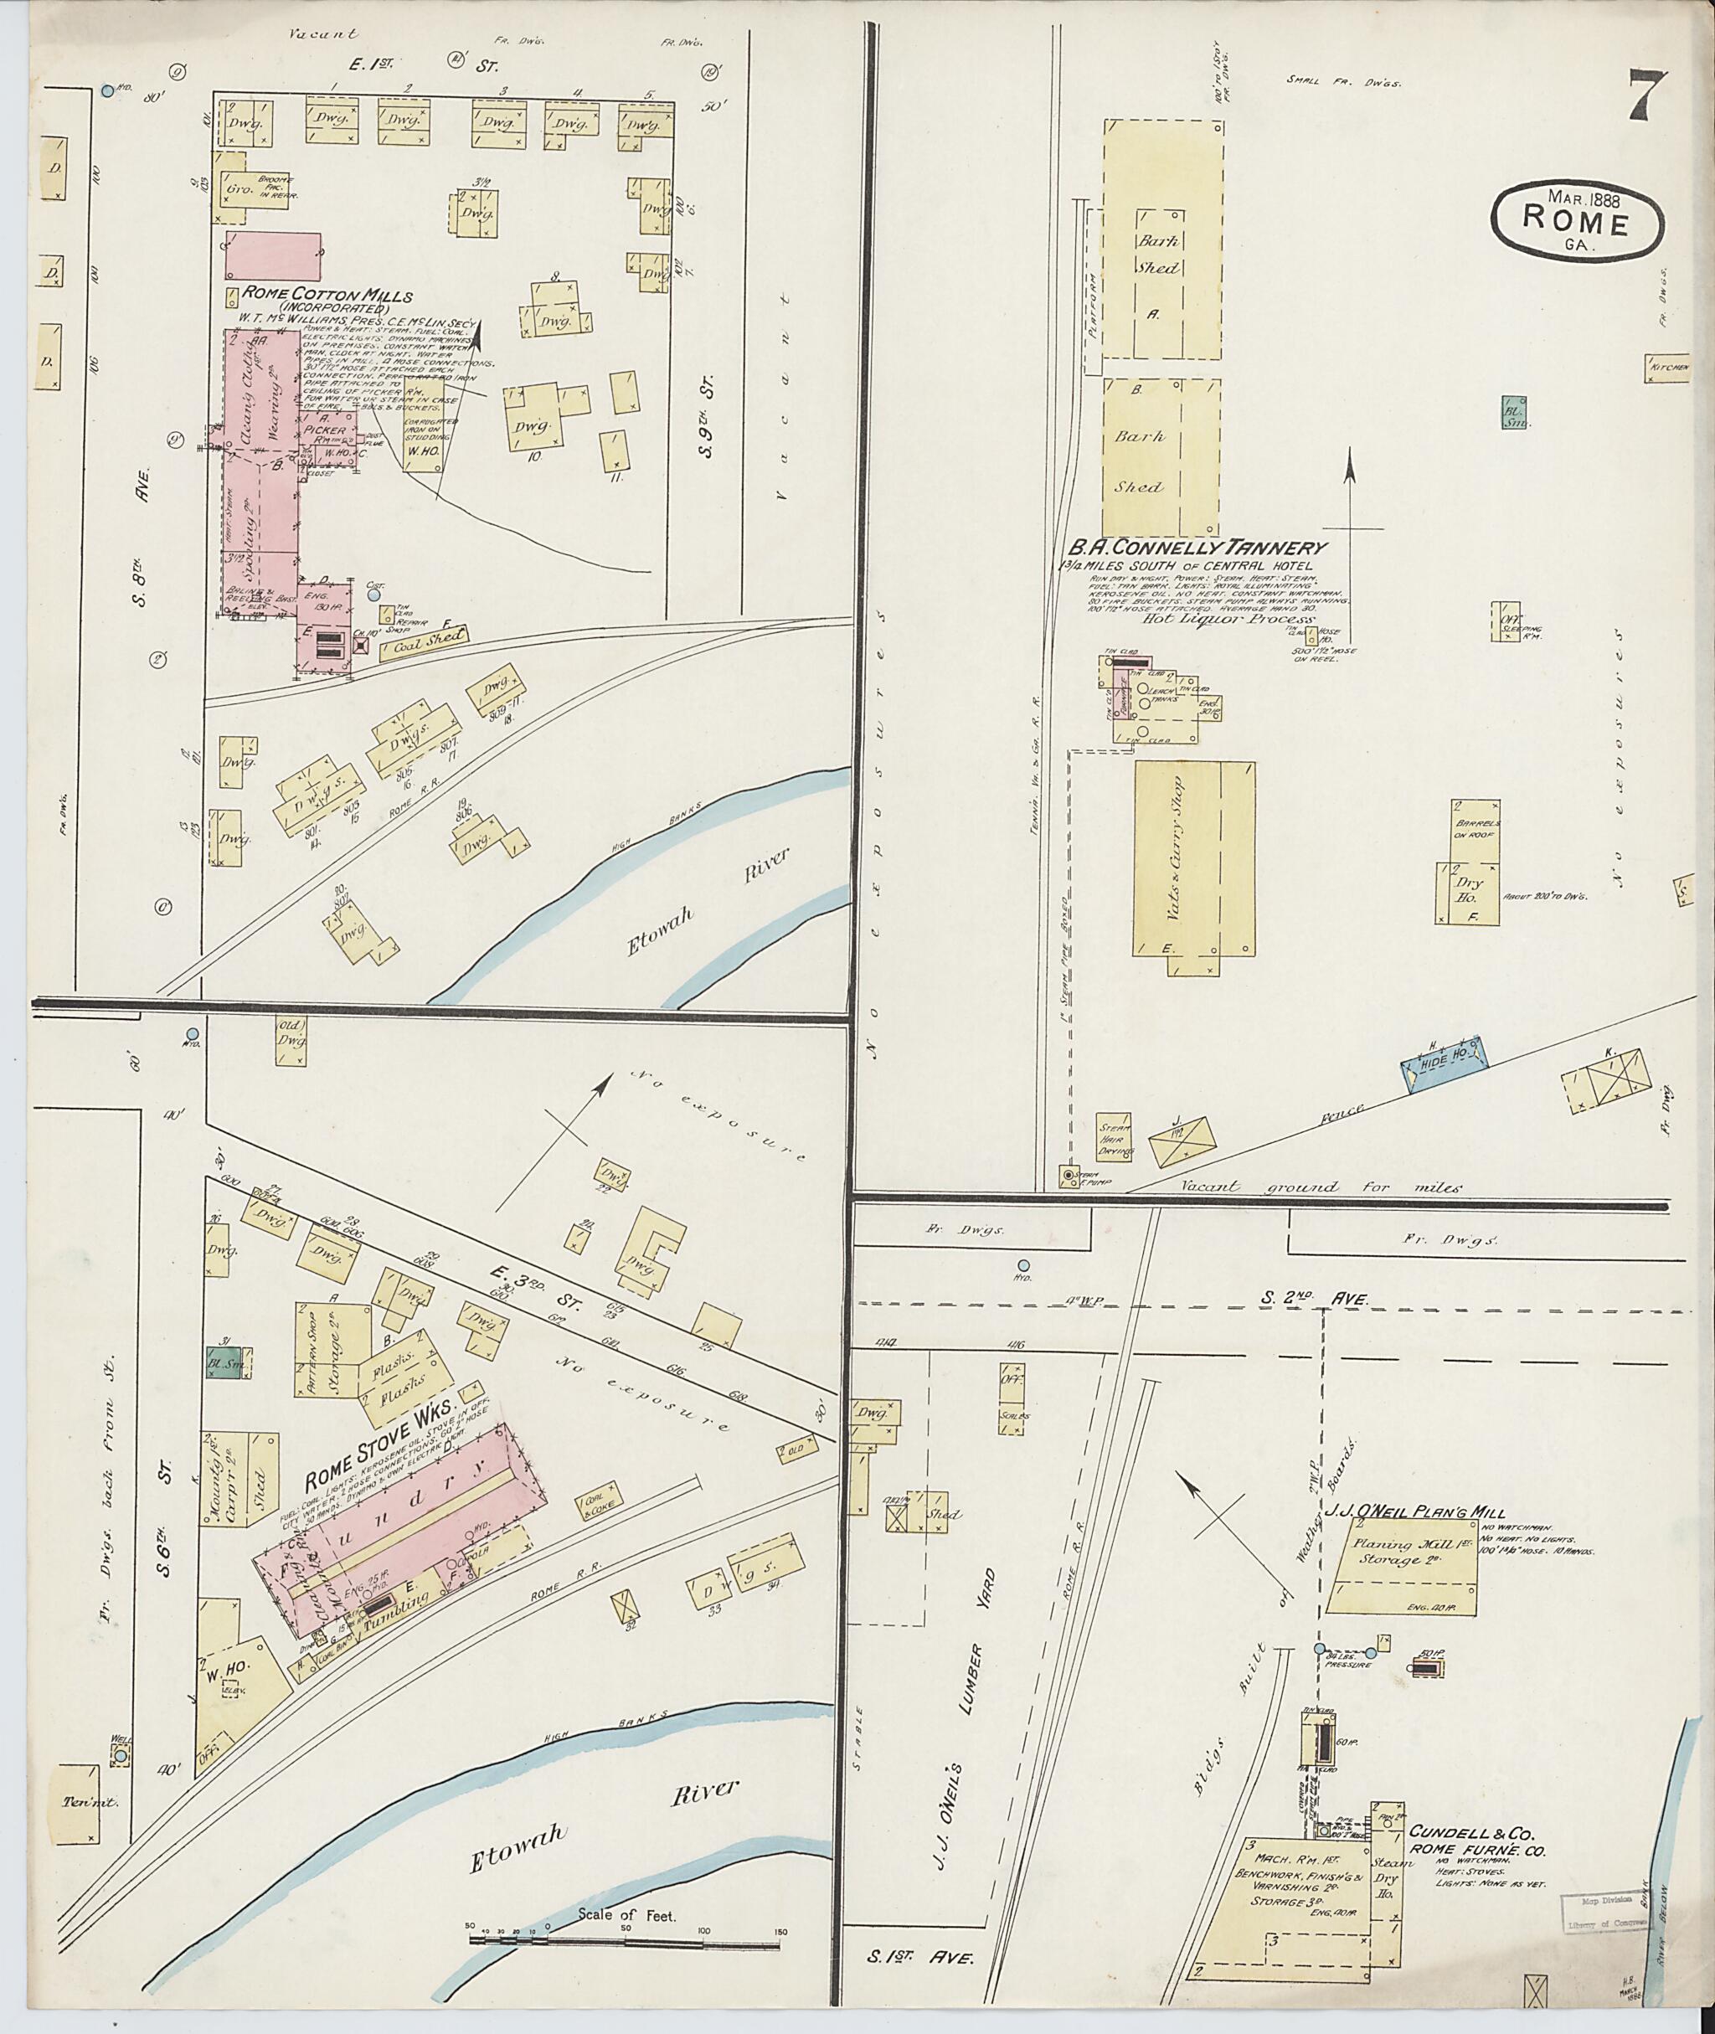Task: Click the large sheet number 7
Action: click(1646, 97)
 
